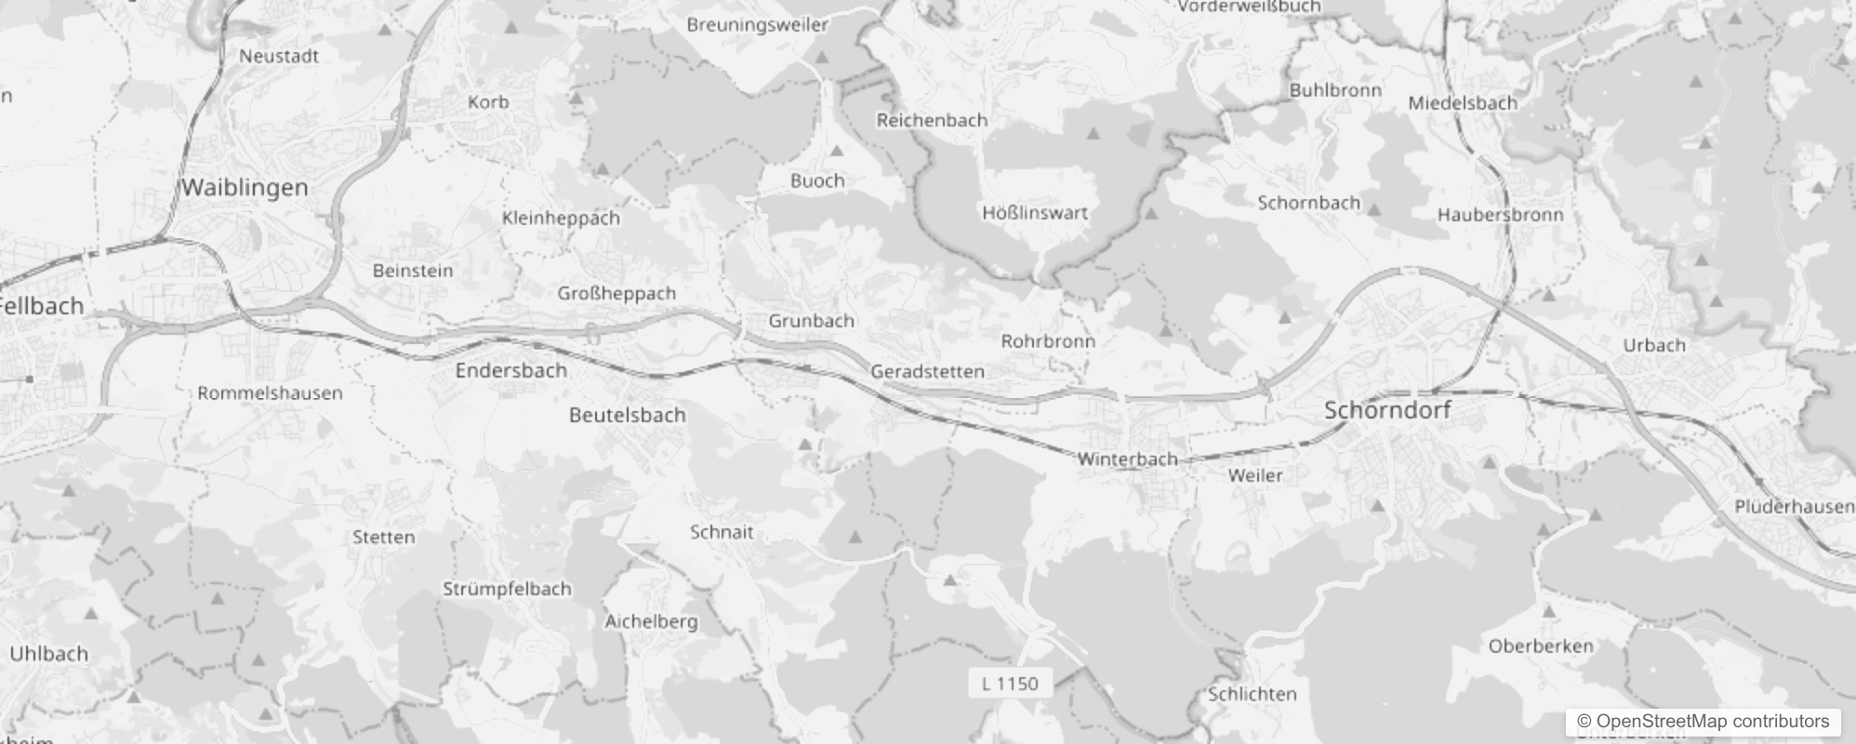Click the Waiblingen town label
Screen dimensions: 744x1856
coord(244,188)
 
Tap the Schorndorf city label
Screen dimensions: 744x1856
coord(1387,410)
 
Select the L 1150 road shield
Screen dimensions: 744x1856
coord(1010,684)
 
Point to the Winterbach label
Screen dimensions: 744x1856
coord(1127,459)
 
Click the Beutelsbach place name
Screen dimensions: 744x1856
coord(627,415)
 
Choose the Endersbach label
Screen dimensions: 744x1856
coord(510,370)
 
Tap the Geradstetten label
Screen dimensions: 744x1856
coord(927,372)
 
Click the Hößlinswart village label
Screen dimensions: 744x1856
coord(1035,213)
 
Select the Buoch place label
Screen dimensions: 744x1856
coord(817,181)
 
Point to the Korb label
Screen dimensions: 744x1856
coord(488,102)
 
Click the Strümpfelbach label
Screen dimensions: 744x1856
coord(507,590)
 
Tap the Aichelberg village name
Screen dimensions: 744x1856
coord(651,621)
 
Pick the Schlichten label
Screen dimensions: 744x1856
coord(1252,695)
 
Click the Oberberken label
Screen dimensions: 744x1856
coord(1541,646)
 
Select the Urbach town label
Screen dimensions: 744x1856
coord(1653,345)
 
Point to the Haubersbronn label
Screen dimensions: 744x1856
coord(1500,215)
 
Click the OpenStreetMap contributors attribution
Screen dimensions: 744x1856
coord(1703,722)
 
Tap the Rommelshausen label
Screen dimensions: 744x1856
coord(270,393)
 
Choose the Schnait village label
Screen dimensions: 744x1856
coord(722,533)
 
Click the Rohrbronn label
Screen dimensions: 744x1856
coord(1048,341)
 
